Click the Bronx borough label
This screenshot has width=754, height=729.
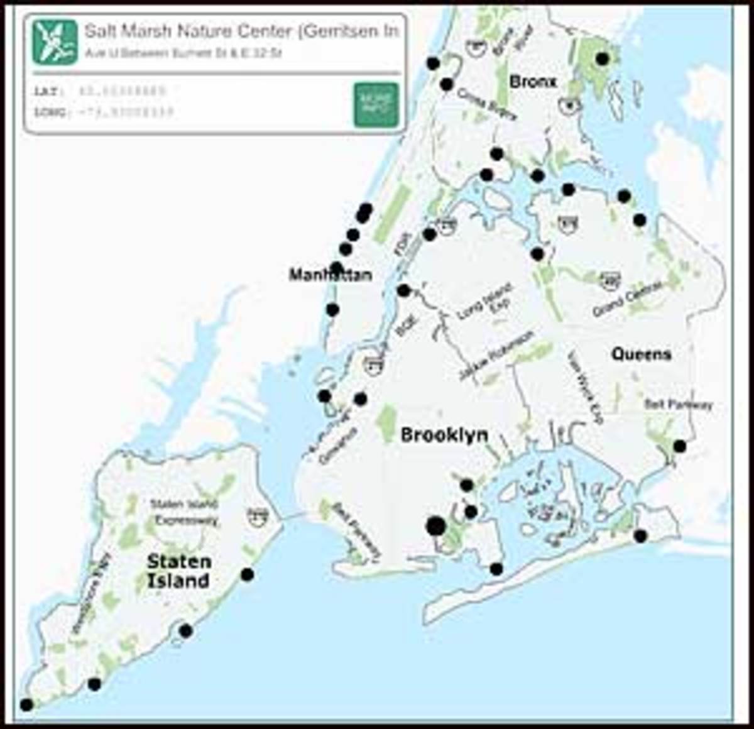533,82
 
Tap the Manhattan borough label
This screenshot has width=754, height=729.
330,275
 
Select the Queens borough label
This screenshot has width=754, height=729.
641,354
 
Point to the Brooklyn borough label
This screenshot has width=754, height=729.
444,435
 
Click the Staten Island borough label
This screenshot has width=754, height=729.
178,571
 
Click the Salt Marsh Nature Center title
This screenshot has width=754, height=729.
241,31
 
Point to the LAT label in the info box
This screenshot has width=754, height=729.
46,91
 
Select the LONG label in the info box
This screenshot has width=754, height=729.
49,112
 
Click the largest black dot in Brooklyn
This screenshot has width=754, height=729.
435,526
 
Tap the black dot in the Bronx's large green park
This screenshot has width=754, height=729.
602,59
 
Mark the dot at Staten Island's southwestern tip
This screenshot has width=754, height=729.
26,704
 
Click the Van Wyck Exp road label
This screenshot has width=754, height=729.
584,388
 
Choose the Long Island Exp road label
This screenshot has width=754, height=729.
486,300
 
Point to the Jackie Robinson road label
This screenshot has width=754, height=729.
496,355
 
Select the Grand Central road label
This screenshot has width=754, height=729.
627,299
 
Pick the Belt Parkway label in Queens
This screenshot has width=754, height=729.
679,404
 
